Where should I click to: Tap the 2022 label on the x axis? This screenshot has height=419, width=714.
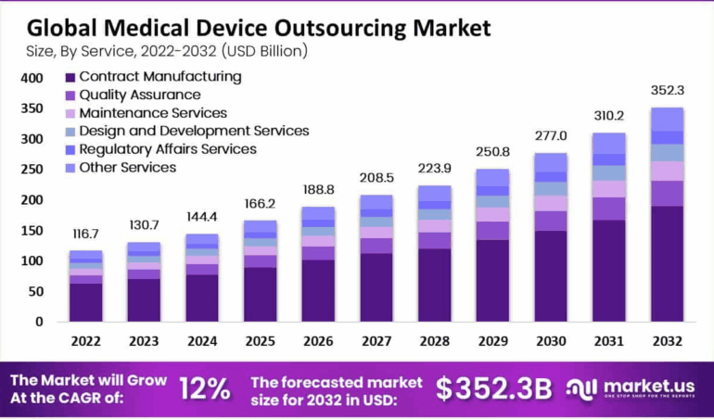point(86,340)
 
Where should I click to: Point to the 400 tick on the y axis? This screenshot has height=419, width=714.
point(32,79)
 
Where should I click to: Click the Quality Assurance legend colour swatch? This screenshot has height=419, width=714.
point(70,95)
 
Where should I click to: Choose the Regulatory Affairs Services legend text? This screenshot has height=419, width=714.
point(168,149)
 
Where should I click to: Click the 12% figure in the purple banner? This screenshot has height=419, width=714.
point(203,388)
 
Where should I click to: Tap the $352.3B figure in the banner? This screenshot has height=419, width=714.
point(496,388)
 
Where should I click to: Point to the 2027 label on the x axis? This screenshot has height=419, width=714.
point(376,340)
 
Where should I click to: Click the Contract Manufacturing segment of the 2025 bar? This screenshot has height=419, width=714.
point(261,295)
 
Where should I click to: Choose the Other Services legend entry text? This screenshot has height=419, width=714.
point(128,168)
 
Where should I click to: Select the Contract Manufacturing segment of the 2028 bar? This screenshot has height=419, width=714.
point(435,285)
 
